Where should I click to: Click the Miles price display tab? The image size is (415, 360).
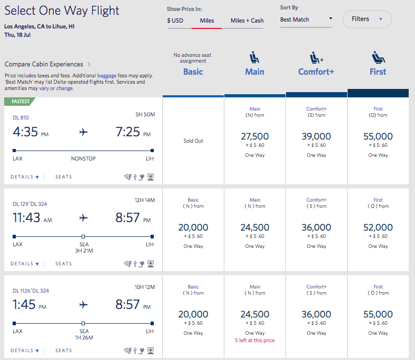pyautogui.click(x=206, y=21)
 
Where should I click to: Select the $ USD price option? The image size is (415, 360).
pyautogui.click(x=175, y=21)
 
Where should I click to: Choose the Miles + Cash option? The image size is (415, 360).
pyautogui.click(x=247, y=21)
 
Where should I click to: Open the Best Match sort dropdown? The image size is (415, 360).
pyautogui.click(x=306, y=19)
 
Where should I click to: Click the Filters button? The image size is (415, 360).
pyautogui.click(x=367, y=19)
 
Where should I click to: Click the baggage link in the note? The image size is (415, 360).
pyautogui.click(x=106, y=76)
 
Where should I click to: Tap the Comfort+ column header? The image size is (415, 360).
pyautogui.click(x=316, y=72)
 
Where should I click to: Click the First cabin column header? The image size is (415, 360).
pyautogui.click(x=378, y=72)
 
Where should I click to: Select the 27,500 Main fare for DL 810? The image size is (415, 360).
pyautogui.click(x=255, y=136)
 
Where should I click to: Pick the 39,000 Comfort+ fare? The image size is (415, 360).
pyautogui.click(x=316, y=136)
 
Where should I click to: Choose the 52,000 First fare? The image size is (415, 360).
pyautogui.click(x=378, y=227)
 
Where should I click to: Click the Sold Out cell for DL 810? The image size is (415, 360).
pyautogui.click(x=193, y=141)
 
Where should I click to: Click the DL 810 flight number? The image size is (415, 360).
pyautogui.click(x=21, y=117)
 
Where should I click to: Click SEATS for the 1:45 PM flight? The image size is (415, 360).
pyautogui.click(x=64, y=351)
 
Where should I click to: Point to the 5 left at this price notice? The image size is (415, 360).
pyautogui.click(x=255, y=341)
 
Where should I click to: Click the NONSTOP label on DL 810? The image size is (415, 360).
pyautogui.click(x=83, y=158)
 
